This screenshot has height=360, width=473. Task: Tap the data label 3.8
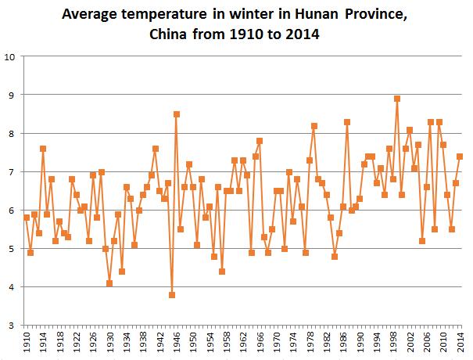170,295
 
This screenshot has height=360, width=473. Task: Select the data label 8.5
177,114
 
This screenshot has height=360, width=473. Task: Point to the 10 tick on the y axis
11,57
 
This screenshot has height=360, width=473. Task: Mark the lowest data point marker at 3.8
172,294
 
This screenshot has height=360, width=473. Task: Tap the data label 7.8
260,141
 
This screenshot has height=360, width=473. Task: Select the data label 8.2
314,126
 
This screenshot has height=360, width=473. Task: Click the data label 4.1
109,283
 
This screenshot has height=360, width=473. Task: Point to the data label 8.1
409,129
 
